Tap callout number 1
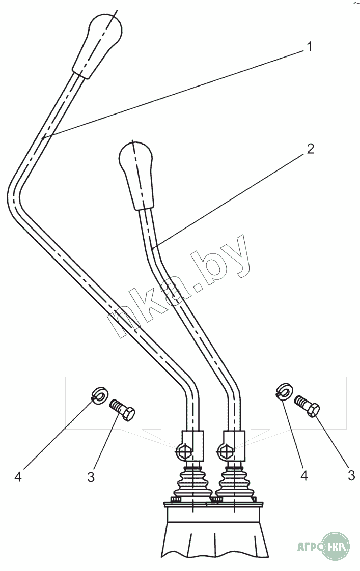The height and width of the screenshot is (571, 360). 309,47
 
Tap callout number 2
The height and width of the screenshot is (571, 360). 310,149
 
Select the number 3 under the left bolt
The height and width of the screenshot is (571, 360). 91,477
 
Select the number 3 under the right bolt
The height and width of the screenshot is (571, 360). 351,475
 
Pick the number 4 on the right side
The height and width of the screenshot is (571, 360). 304,475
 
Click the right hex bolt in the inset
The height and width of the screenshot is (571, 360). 308,406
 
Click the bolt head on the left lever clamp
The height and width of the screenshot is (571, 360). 183,450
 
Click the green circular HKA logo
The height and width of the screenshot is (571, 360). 337,548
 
